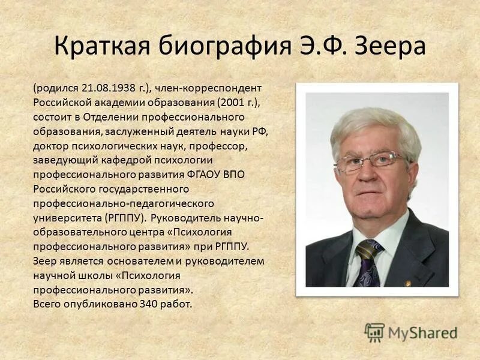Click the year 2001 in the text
pyautogui.click(x=230, y=102)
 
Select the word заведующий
pyautogui.click(x=66, y=160)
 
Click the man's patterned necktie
pyautogui.click(x=367, y=264)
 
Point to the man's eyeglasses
pyautogui.click(x=370, y=161)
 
